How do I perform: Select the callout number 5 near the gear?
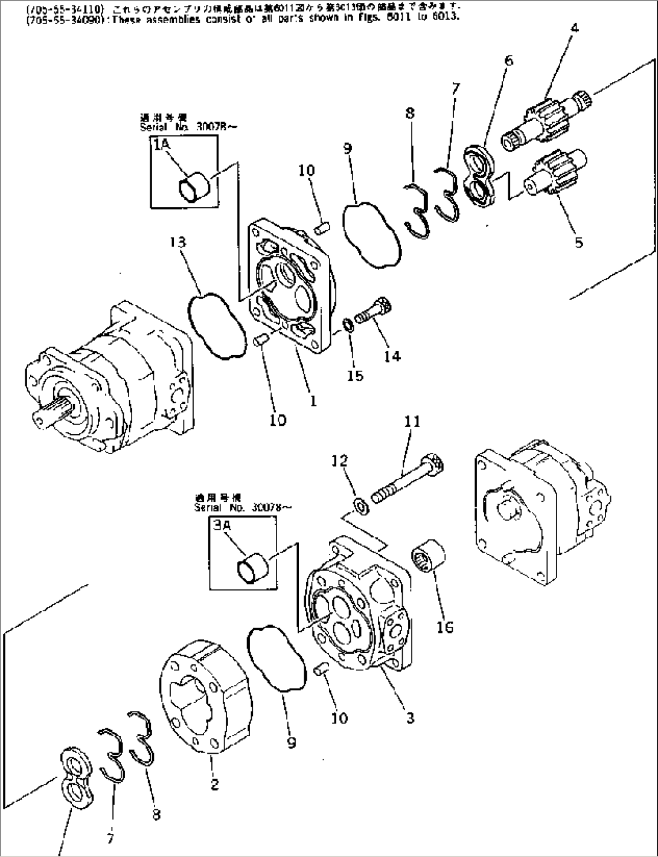[578, 243]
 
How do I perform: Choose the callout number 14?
[392, 356]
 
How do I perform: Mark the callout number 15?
[355, 376]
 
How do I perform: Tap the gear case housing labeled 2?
[205, 695]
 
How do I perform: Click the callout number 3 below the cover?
[410, 718]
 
